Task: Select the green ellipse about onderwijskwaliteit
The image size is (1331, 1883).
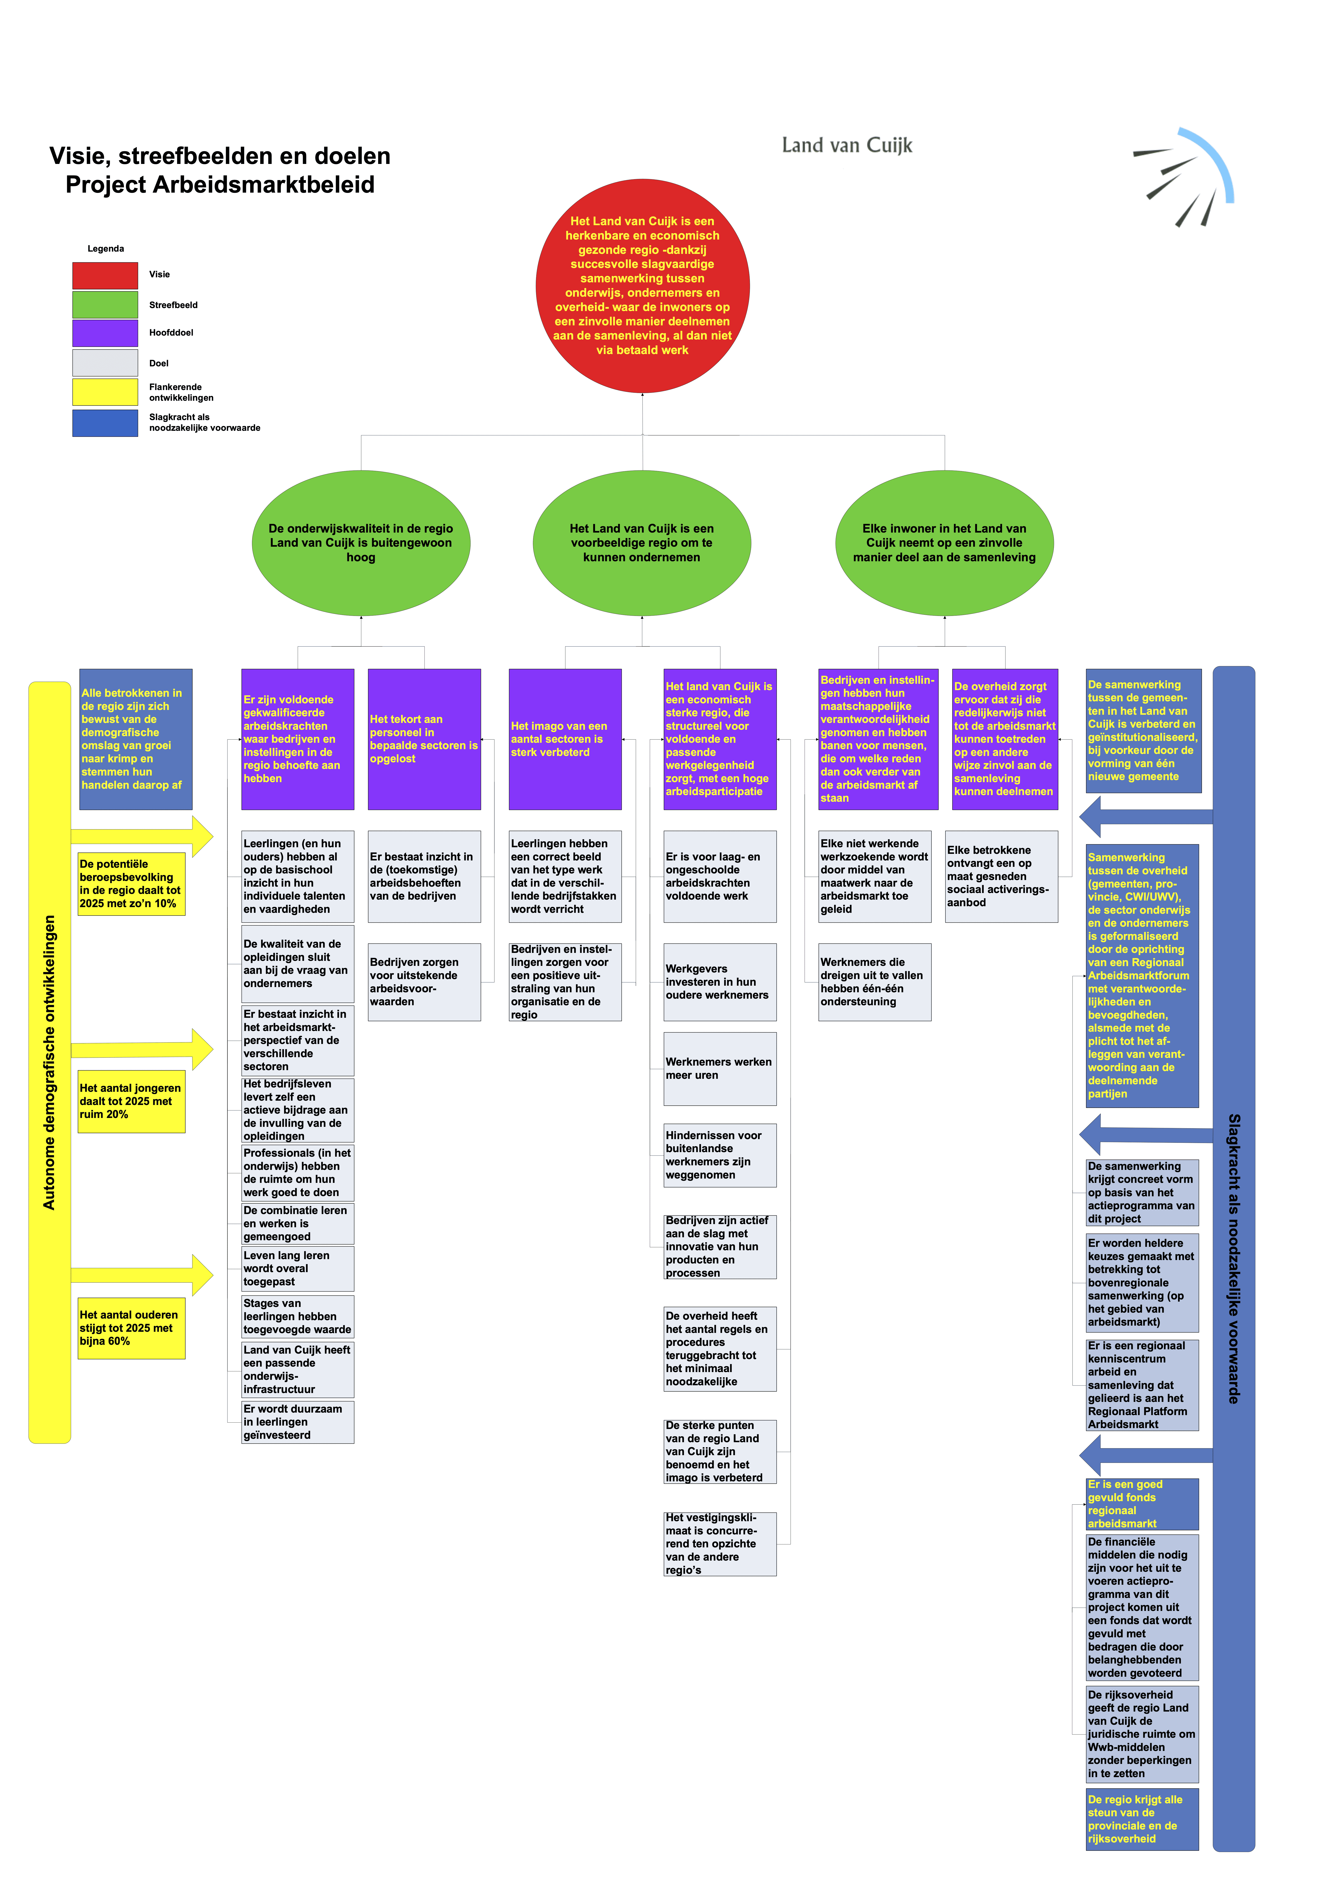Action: pyautogui.click(x=361, y=543)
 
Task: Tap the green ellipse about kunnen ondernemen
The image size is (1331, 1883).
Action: pyautogui.click(x=642, y=543)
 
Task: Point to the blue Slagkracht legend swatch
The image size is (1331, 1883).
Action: pyautogui.click(x=105, y=423)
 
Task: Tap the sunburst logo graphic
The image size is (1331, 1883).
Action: pyautogui.click(x=1183, y=176)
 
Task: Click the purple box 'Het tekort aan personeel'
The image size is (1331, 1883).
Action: pyautogui.click(x=424, y=739)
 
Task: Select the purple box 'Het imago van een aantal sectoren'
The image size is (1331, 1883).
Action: pyautogui.click(x=565, y=739)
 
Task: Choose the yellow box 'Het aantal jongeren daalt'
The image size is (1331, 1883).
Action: pyautogui.click(x=131, y=1101)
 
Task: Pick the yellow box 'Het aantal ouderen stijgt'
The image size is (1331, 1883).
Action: pyautogui.click(x=131, y=1328)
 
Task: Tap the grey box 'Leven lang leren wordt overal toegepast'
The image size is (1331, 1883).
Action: pyautogui.click(x=298, y=1268)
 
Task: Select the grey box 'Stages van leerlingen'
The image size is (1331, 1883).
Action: pyautogui.click(x=298, y=1315)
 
